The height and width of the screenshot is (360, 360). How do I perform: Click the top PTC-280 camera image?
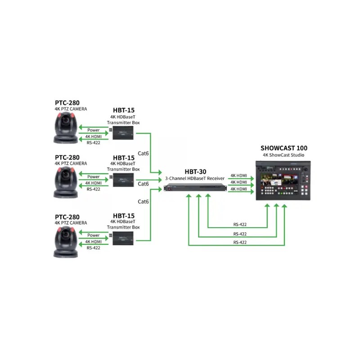click(x=66, y=128)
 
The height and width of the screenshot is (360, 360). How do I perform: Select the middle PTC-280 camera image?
click(x=66, y=182)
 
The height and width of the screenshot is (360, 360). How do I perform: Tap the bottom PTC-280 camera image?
click(x=66, y=242)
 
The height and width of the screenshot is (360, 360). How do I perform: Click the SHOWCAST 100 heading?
click(x=284, y=148)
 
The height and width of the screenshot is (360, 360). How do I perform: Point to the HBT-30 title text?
click(x=195, y=172)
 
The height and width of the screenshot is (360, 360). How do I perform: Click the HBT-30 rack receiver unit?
click(x=195, y=188)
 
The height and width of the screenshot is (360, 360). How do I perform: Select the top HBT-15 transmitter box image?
click(x=123, y=133)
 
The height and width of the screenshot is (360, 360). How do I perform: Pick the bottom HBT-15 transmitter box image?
click(x=123, y=238)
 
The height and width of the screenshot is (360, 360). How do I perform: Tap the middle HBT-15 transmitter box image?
click(x=123, y=180)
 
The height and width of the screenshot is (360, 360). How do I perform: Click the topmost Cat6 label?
click(x=143, y=153)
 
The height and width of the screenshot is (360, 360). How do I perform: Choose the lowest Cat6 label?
click(x=143, y=202)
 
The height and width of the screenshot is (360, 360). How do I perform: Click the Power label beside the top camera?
click(x=94, y=130)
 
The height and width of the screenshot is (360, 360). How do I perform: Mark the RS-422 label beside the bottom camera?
click(x=94, y=248)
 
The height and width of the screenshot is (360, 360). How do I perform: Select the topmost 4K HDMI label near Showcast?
click(x=239, y=175)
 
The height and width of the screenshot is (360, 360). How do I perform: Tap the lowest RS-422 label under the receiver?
click(x=240, y=243)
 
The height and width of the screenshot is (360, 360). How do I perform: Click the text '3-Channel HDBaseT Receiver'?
click(x=195, y=178)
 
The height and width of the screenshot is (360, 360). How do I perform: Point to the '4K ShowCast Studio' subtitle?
click(x=283, y=155)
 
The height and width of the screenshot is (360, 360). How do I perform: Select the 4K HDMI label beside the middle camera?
click(x=94, y=183)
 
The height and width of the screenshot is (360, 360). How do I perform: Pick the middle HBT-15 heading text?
click(x=124, y=158)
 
